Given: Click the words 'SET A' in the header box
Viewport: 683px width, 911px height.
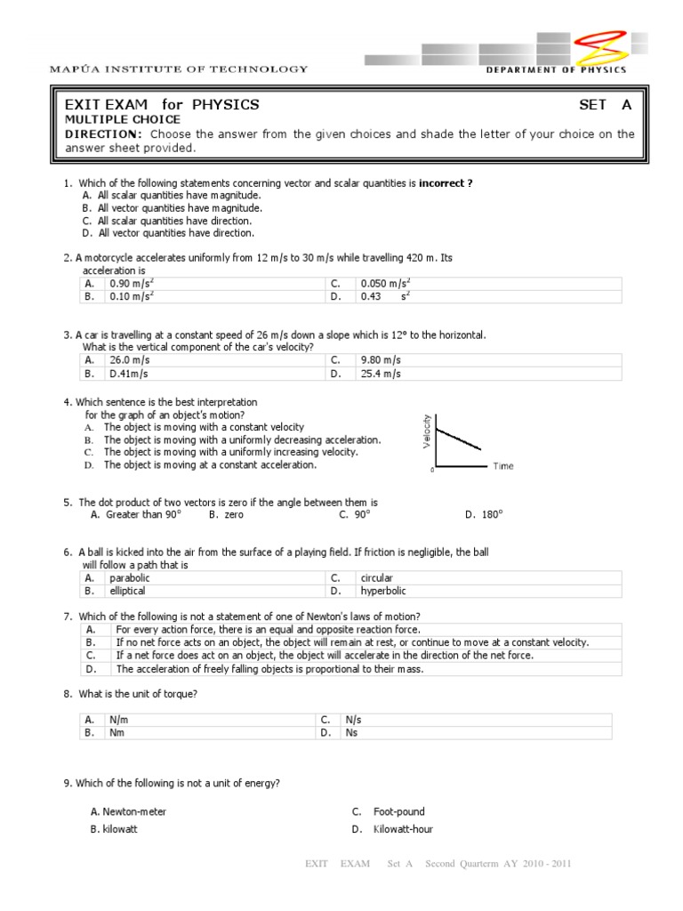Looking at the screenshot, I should [x=605, y=105].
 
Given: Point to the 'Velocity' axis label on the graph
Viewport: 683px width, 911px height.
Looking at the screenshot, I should [x=427, y=431].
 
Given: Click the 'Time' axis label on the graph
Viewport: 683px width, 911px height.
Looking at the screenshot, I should [x=502, y=466].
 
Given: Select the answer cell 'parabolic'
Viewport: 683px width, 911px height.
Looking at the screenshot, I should [x=130, y=577].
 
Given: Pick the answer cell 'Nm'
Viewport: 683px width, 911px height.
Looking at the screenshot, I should [x=117, y=733].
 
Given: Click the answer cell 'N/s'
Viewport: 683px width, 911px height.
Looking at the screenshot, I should [x=353, y=720].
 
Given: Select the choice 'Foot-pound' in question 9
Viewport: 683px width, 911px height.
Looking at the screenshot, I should [x=398, y=811].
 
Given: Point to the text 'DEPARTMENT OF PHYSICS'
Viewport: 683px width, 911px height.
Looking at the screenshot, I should [x=556, y=70].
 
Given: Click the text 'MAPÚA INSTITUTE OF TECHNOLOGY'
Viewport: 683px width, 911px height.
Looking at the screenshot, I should [x=179, y=69].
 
